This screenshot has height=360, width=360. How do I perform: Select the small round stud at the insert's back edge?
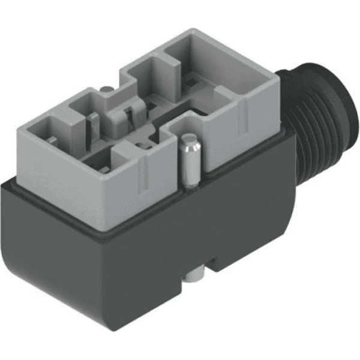point(106,89)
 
